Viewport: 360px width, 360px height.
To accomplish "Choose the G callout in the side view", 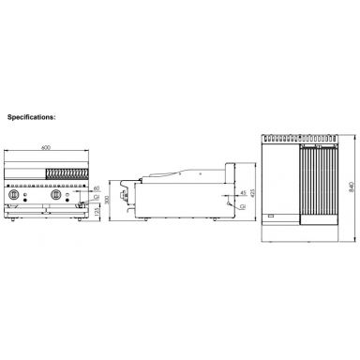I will (218, 206).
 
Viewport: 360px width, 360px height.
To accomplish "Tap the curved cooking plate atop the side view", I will (169, 176).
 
